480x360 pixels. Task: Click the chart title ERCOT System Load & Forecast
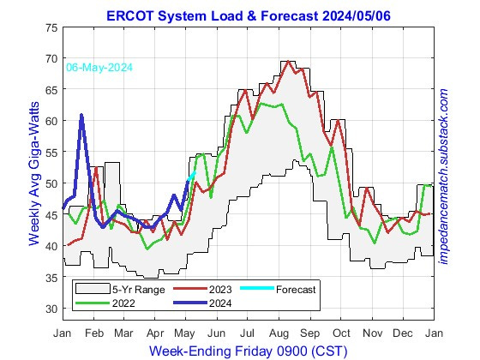[x=249, y=15]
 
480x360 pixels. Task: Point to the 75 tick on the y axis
[x=51, y=27]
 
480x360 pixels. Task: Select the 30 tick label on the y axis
[x=51, y=309]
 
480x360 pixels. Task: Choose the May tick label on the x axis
[x=186, y=332]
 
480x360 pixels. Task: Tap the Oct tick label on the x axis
[x=342, y=332]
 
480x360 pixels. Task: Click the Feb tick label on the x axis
[x=93, y=332]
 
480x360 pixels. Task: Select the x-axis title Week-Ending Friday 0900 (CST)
[x=249, y=351]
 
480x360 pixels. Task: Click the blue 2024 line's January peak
[x=81, y=115]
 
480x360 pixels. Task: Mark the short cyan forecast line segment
[x=191, y=176]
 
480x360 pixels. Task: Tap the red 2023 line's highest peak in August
[x=283, y=62]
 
